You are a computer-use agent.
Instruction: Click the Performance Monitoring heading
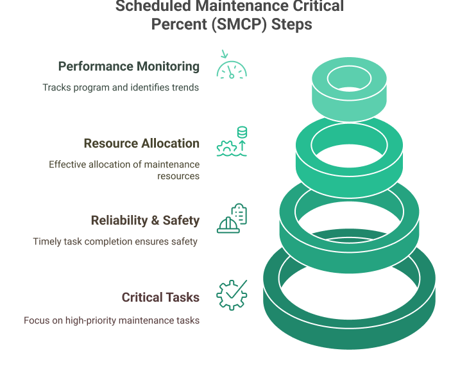128,67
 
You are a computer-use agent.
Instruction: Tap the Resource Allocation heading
141,143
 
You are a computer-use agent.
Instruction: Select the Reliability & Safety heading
145,221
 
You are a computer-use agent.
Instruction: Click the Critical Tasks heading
160,297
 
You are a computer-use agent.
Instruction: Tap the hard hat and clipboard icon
232,219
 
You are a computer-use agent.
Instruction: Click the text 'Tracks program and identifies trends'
121,87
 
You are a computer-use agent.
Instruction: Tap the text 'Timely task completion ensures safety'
115,242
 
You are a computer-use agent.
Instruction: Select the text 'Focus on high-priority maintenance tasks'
112,320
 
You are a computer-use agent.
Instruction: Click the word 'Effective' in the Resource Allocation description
67,164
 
